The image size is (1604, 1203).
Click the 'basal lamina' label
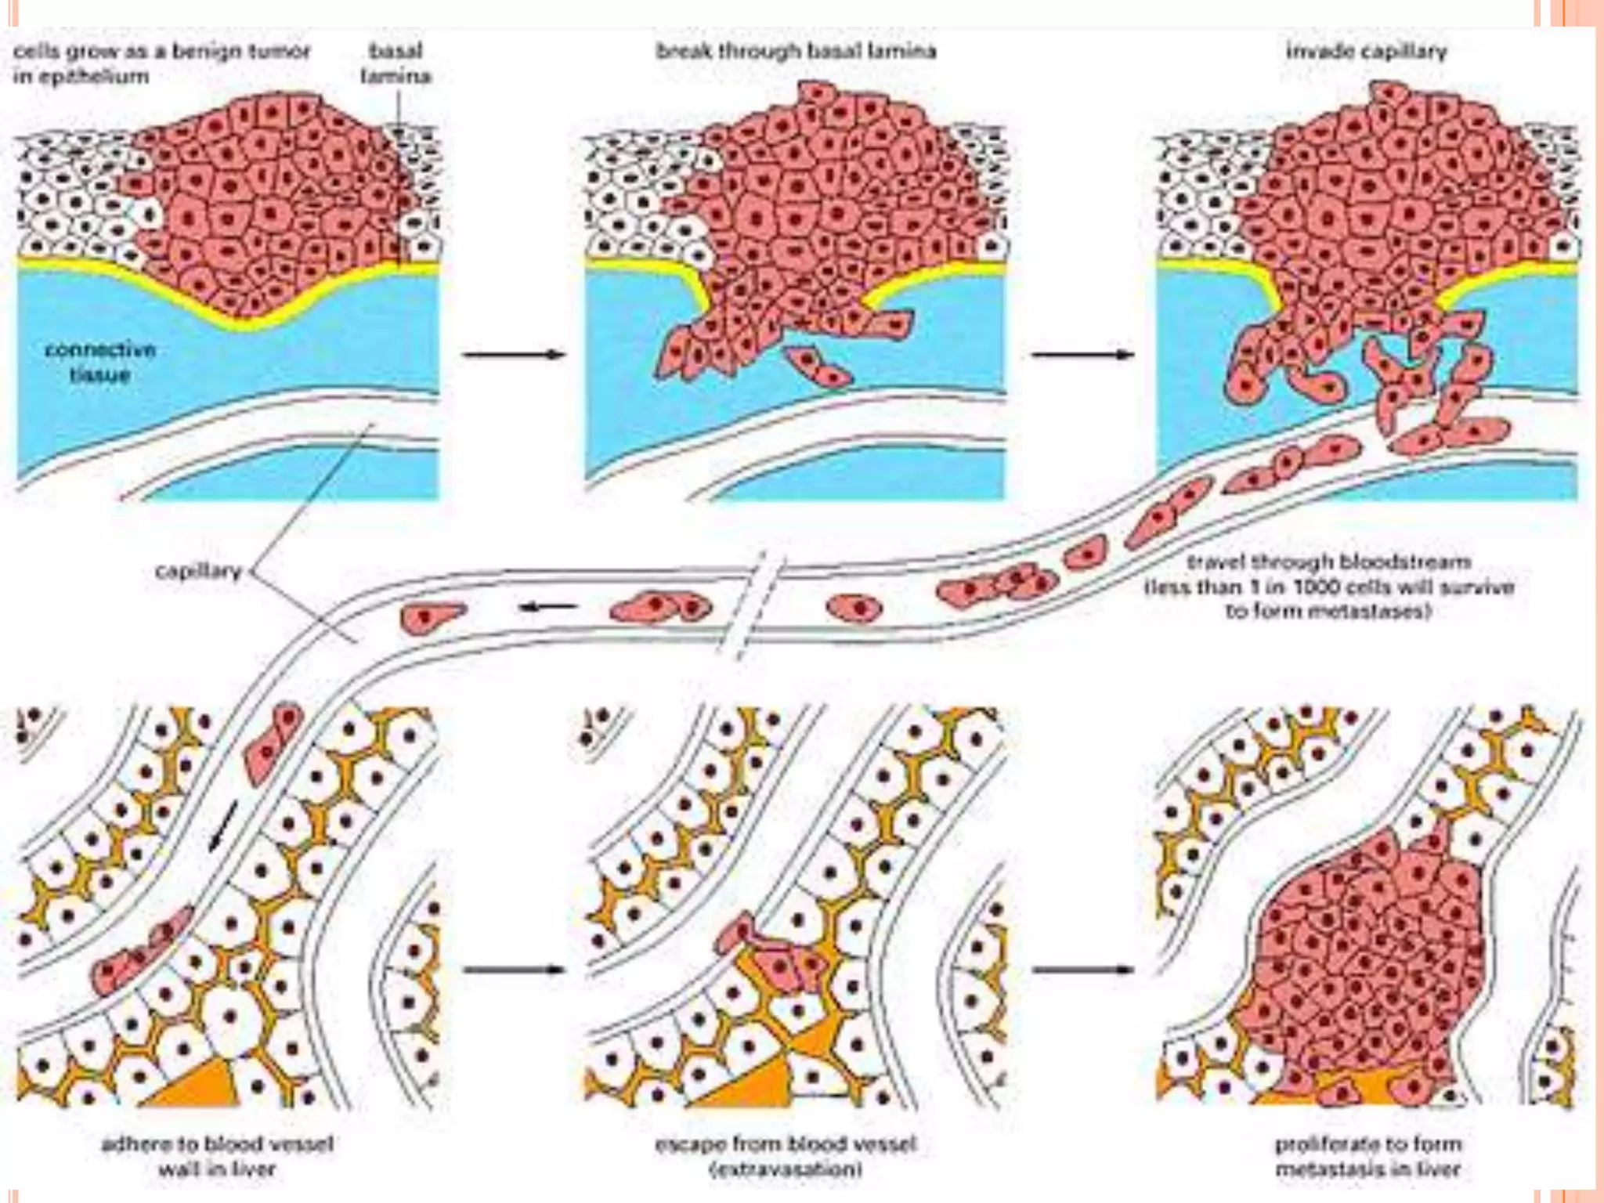(396, 63)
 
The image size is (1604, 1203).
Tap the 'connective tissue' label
(99, 362)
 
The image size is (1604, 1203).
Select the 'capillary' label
(198, 571)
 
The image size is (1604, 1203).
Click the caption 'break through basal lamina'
(796, 52)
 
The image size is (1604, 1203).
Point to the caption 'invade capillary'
(1366, 52)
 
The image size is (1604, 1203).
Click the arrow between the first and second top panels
(513, 355)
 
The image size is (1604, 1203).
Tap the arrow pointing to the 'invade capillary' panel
(1082, 355)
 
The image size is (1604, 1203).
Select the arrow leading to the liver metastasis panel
(1082, 970)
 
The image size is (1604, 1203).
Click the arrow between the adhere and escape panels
(513, 970)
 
